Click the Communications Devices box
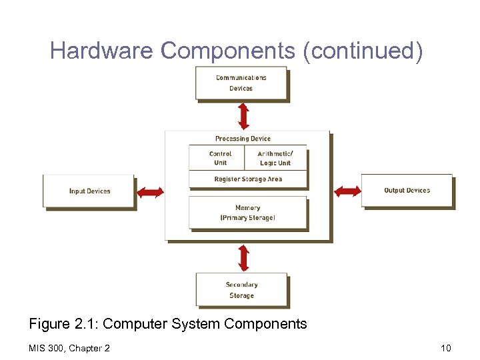[241, 83]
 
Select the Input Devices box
[89, 191]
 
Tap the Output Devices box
[407, 191]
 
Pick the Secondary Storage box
[241, 290]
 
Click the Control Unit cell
[220, 158]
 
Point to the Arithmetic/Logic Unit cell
[275, 158]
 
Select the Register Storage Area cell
[248, 179]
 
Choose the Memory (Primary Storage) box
[248, 213]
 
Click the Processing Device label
[243, 139]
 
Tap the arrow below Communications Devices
[244, 116]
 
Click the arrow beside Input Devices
[150, 192]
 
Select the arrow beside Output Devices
[347, 191]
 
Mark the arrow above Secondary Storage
[244, 258]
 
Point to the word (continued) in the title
[363, 51]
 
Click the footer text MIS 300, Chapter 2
[70, 347]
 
